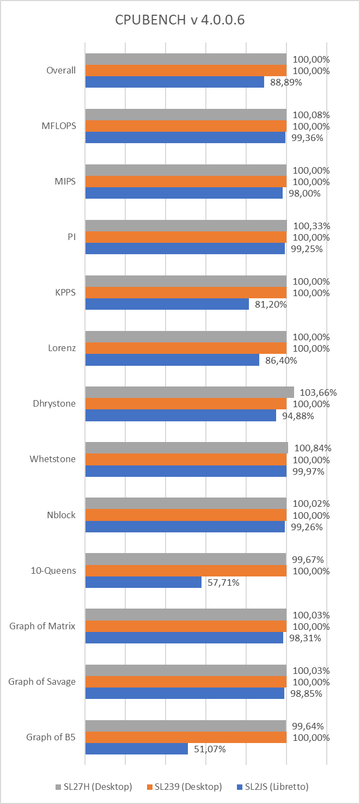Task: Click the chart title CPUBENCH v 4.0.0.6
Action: pos(180,21)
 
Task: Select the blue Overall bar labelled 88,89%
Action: pos(174,82)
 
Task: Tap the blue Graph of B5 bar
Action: pos(136,749)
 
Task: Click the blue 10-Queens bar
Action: pos(143,582)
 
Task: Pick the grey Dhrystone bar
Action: pos(190,392)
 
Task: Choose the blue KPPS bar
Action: pos(167,304)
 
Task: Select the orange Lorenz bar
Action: pos(186,348)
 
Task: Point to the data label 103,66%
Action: pos(315,392)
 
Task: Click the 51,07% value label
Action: pos(209,749)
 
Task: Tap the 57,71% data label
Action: pos(223,582)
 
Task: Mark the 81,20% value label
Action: pos(271,304)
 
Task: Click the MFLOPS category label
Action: pos(58,126)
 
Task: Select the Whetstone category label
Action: pos(52,459)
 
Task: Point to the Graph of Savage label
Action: pos(42,681)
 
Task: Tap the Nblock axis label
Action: pos(60,514)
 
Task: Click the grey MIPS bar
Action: pos(186,170)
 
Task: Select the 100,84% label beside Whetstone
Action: pos(313,448)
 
